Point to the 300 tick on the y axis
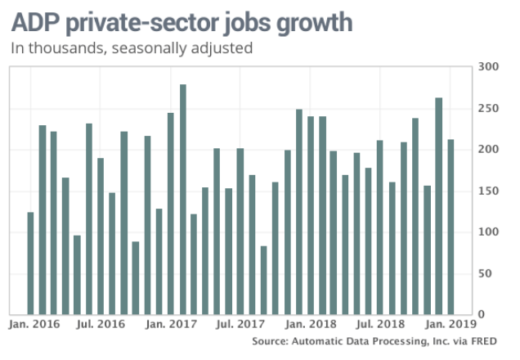pos(487,66)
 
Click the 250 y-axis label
pos(487,108)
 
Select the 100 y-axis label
pos(487,232)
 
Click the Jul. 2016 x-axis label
pos(101,324)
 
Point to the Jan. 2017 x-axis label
pos(172,324)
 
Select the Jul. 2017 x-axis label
pos(241,324)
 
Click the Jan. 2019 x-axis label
pos(451,324)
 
